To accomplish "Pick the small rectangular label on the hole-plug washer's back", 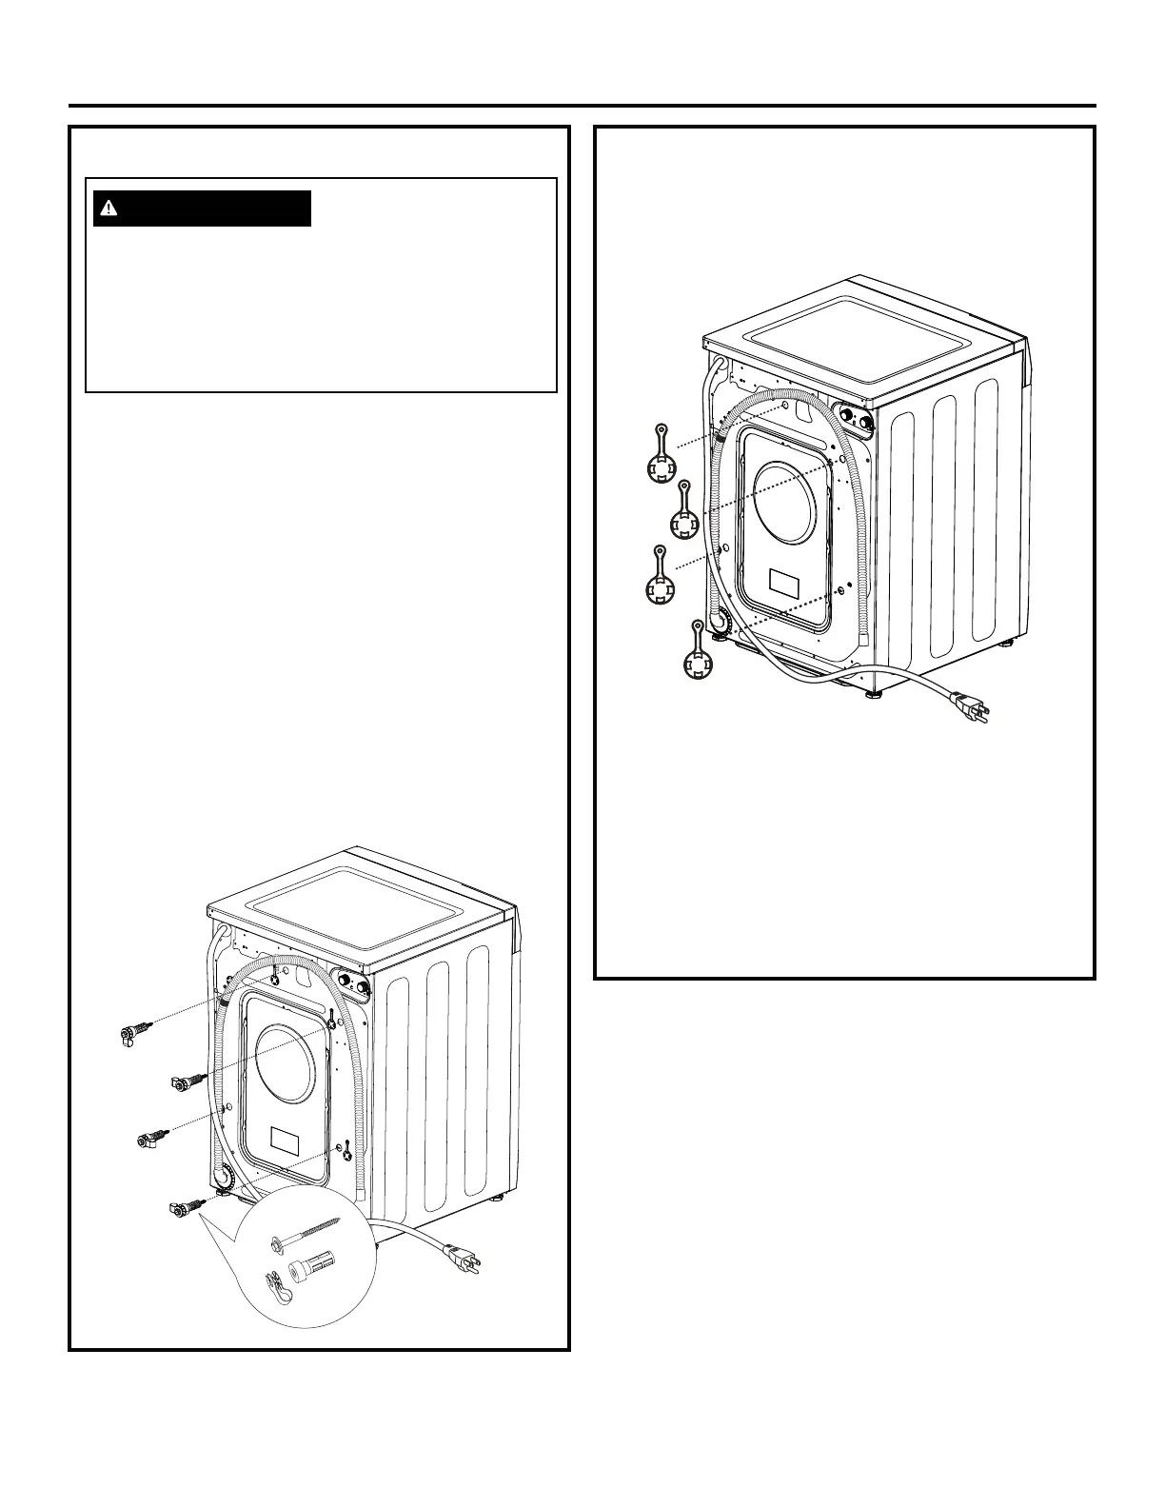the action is [x=785, y=582].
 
